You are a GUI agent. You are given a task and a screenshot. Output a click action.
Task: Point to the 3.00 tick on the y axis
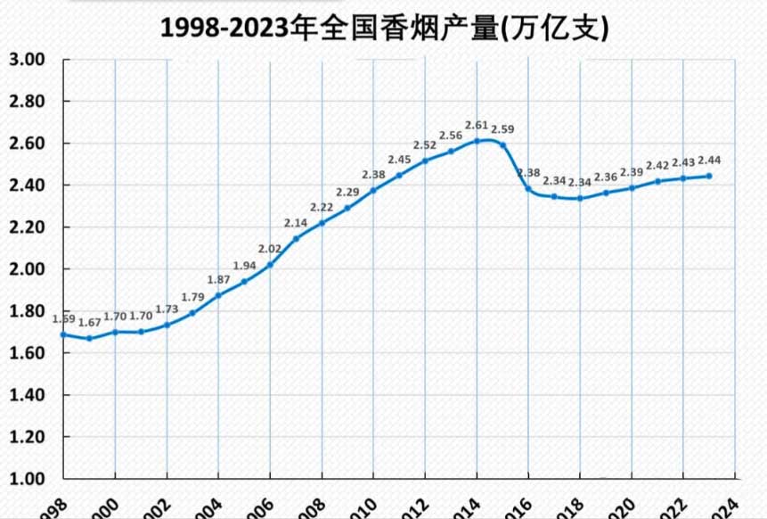point(27,60)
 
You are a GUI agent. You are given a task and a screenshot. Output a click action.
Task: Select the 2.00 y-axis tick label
point(27,269)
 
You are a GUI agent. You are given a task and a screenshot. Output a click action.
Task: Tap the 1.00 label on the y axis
point(27,479)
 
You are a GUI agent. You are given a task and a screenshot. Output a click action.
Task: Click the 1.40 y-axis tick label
point(27,395)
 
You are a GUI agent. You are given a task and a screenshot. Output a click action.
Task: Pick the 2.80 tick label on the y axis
point(27,102)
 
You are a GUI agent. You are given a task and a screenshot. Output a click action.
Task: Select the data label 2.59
point(503,129)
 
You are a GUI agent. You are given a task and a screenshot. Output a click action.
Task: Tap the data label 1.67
point(89,322)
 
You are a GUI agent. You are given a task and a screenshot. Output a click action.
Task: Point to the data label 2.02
point(270,249)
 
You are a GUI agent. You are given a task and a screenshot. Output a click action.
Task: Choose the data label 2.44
point(709,161)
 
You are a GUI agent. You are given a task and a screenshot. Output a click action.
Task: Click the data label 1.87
point(218,280)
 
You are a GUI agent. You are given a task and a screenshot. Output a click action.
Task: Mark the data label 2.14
point(296,223)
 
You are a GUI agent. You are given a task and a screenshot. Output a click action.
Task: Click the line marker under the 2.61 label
point(477,141)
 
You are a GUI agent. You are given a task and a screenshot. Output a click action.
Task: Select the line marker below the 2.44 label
point(709,176)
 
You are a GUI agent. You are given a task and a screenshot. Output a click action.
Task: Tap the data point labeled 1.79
point(192,313)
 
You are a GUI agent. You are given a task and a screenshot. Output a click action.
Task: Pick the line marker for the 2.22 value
point(322,223)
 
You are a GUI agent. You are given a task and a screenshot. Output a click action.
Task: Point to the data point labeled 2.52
point(425,161)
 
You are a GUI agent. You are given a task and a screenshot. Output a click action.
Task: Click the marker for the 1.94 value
point(244,282)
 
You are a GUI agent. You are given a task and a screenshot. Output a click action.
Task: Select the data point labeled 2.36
point(606,193)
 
